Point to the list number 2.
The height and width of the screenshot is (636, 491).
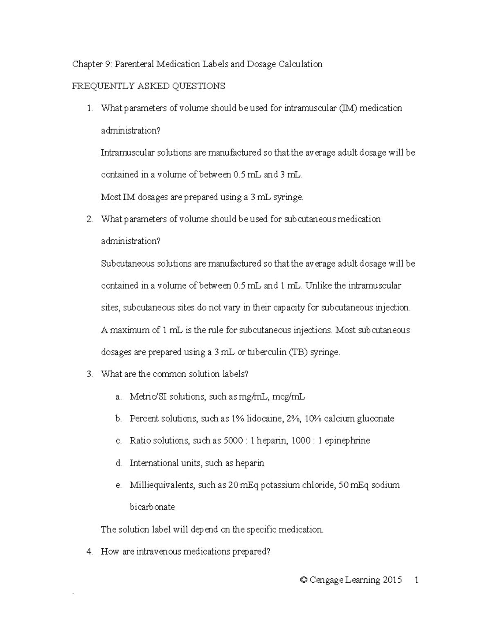90,219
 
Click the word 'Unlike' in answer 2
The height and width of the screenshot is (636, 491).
318,285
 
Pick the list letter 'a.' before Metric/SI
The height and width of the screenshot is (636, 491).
118,396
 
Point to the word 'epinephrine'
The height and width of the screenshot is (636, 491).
347,441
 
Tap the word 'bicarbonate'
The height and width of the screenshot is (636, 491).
152,507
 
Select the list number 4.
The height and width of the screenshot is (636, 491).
90,552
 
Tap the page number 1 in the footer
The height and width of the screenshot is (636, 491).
416,580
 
